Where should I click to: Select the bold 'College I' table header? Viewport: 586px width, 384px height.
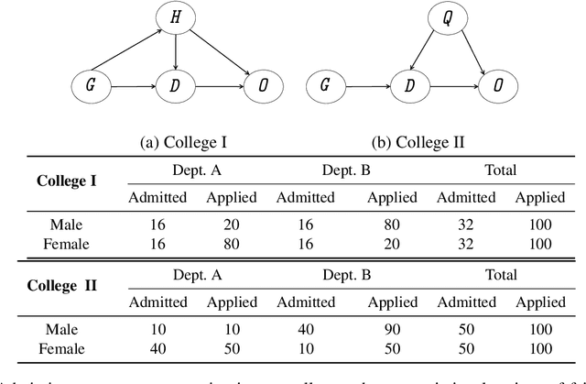(66, 180)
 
